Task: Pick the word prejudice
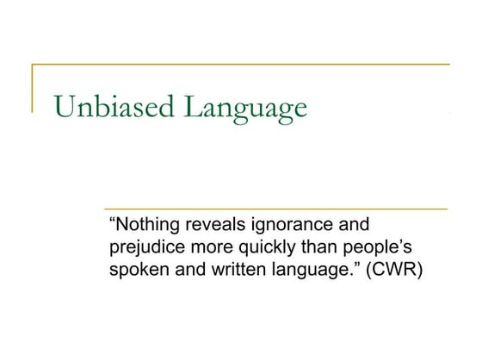(x=145, y=247)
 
